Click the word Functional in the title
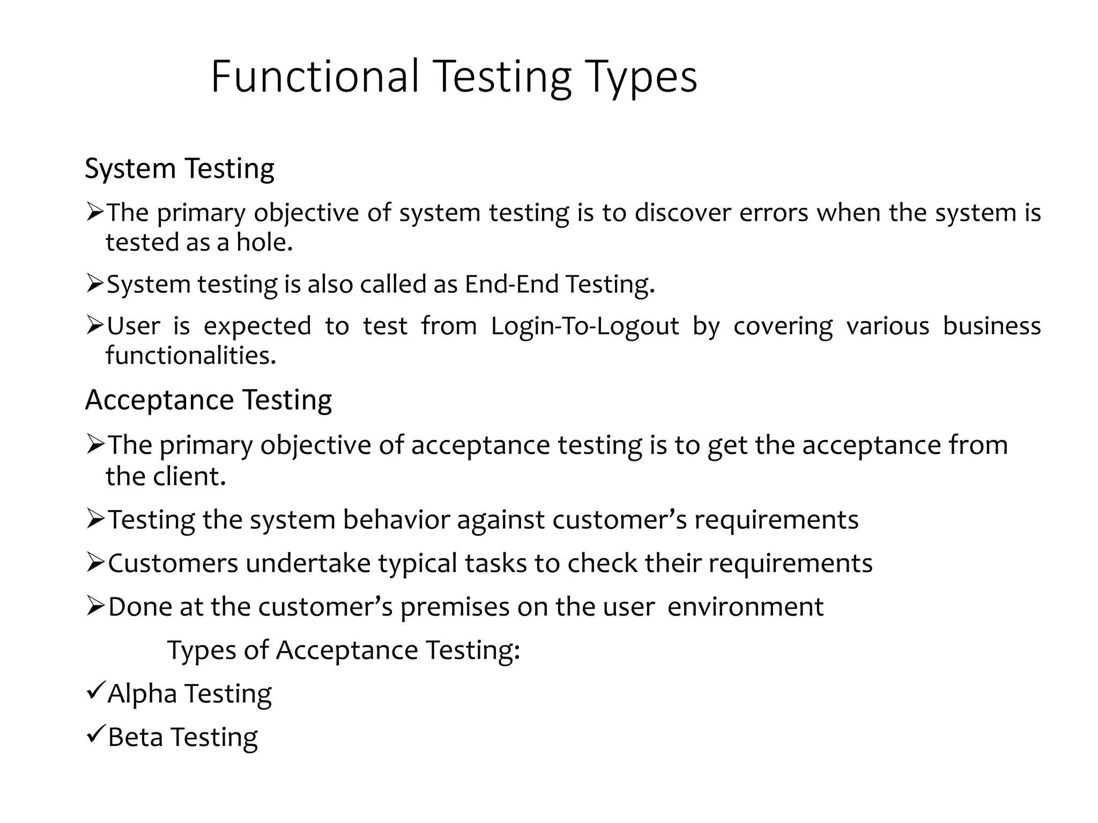[x=315, y=77]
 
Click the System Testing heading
[x=180, y=169]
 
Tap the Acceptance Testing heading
[x=209, y=400]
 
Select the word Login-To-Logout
[x=585, y=326]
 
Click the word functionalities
[x=191, y=355]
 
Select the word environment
[x=745, y=607]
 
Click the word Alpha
[x=142, y=694]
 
